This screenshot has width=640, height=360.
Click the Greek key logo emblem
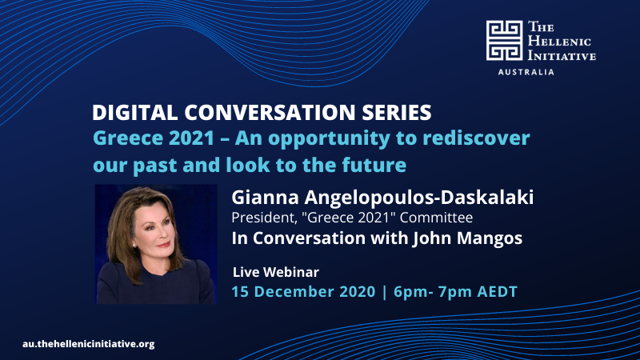[x=504, y=41]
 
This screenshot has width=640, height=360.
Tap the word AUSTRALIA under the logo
[x=526, y=72]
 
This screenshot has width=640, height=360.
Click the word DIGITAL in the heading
[x=134, y=113]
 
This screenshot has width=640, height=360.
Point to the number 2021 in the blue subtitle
[x=191, y=138]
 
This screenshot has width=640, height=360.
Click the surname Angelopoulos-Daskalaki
[x=418, y=198]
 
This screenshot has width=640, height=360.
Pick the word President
[x=264, y=218]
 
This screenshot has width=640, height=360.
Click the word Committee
[x=436, y=218]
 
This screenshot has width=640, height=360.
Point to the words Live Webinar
[x=276, y=272]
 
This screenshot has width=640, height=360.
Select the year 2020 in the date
[x=358, y=292]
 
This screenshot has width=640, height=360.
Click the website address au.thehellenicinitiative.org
[x=89, y=344]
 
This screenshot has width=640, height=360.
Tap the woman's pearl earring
[x=134, y=245]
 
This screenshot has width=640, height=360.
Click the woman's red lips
[x=163, y=245]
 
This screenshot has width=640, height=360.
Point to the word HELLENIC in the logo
[x=559, y=42]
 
